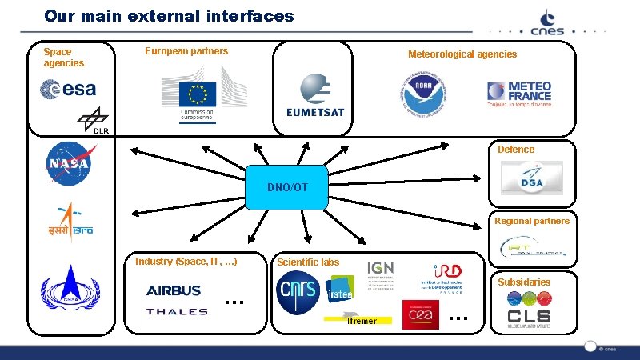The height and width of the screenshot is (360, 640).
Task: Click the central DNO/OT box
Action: pos(287,188)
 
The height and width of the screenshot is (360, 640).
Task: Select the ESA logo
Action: pos(68,90)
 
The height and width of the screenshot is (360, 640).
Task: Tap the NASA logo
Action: pos(68,163)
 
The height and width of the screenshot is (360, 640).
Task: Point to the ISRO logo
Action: pos(70,224)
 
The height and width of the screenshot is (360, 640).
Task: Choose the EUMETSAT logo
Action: pos(314,96)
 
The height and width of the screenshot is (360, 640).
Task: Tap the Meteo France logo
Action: pos(518,94)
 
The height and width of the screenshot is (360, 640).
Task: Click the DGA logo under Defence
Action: pos(531,178)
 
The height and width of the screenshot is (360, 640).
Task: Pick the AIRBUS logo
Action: pos(174,290)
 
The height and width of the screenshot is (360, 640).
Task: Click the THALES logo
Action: pos(176,311)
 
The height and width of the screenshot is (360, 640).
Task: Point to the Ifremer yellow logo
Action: pos(361,321)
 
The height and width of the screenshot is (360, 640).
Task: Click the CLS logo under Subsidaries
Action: pos(529,316)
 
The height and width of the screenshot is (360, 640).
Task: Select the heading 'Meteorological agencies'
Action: pos(462,54)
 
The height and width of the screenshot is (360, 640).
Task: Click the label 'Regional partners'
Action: pos(531,221)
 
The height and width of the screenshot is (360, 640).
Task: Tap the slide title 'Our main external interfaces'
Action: pos(169,16)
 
